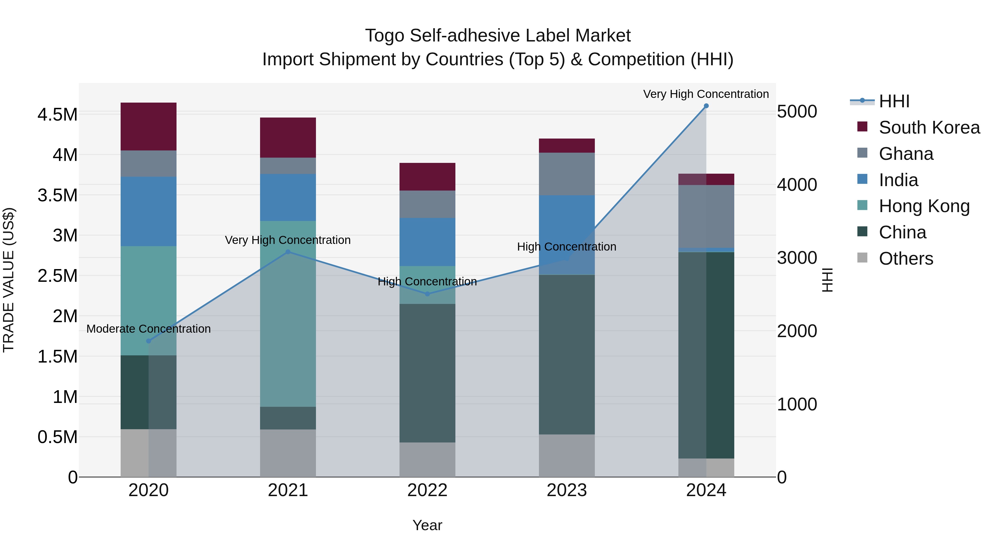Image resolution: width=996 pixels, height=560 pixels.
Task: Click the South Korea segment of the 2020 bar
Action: (149, 126)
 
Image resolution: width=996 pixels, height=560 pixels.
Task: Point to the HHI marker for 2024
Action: (706, 106)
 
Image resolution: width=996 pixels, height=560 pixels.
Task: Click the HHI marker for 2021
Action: (288, 252)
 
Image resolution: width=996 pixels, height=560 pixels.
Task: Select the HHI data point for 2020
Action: (149, 341)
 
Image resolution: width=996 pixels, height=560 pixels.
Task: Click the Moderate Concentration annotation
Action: (149, 329)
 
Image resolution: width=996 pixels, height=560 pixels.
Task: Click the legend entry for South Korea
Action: (929, 127)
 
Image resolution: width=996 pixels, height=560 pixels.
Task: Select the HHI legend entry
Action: (894, 101)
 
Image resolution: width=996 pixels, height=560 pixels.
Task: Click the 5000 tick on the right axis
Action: (797, 112)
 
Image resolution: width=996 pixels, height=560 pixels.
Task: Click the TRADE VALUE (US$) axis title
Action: (9, 280)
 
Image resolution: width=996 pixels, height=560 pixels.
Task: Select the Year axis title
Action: (427, 525)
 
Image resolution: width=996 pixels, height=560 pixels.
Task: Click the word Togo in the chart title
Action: (385, 36)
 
